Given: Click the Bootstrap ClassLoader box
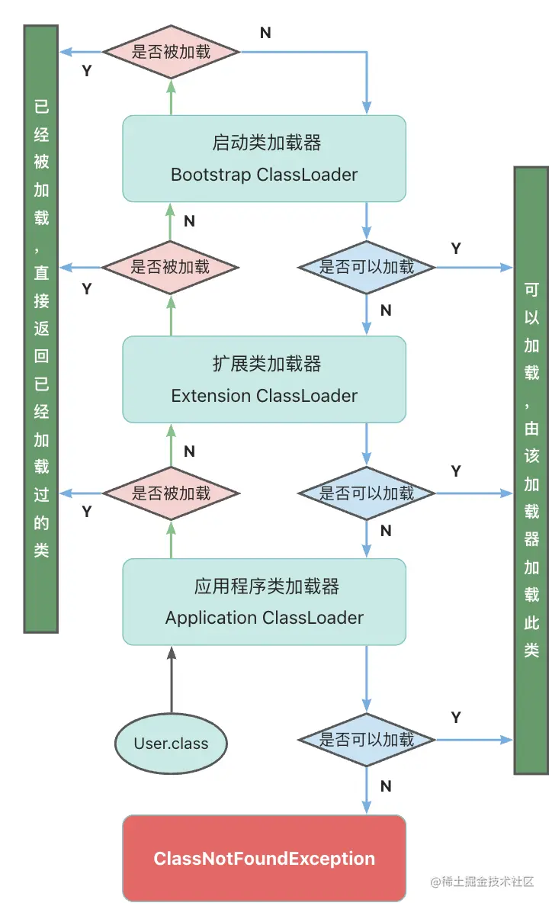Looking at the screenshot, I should click(x=264, y=159).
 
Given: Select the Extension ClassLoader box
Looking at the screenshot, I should click(x=264, y=380).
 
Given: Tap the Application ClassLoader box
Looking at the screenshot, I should click(x=264, y=602).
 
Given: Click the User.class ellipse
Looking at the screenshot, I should click(x=171, y=744).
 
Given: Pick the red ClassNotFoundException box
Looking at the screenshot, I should click(x=264, y=859).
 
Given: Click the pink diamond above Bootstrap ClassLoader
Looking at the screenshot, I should click(x=171, y=52).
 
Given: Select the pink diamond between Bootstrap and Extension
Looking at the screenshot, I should click(x=171, y=268).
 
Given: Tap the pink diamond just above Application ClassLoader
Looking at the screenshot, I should click(x=171, y=493).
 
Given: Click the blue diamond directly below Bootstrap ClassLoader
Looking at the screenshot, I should click(x=367, y=268).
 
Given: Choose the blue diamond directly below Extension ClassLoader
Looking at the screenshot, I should click(x=367, y=493).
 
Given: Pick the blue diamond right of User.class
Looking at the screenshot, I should click(x=367, y=739).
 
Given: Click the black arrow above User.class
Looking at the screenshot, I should click(x=171, y=679).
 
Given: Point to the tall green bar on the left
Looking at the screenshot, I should click(x=41, y=328).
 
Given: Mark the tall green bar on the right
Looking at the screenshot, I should click(x=531, y=470).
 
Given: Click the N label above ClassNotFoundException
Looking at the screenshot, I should click(x=386, y=786).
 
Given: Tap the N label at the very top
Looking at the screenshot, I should click(x=265, y=33).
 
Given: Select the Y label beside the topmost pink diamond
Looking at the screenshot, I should click(x=86, y=71).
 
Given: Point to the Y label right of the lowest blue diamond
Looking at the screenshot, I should click(x=456, y=718).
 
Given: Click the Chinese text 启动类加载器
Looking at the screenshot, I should click(x=266, y=143).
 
